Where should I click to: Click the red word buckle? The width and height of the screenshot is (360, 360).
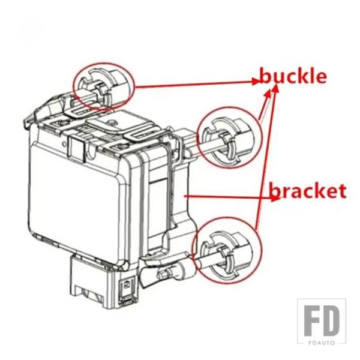(293, 77)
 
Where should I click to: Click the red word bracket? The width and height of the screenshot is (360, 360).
(308, 191)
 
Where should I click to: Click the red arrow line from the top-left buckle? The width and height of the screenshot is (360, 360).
(192, 83)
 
